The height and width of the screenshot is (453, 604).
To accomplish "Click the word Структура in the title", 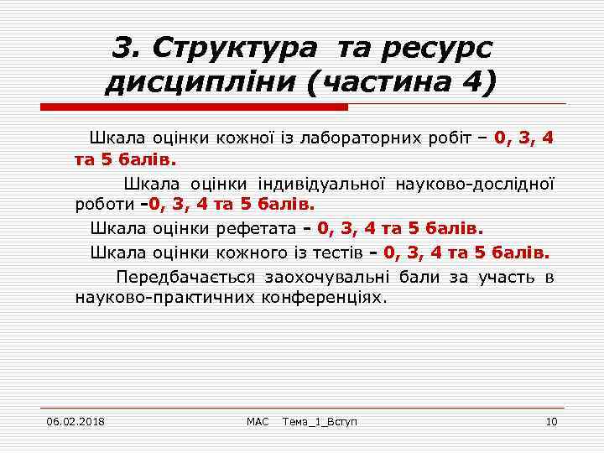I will pos(242,48).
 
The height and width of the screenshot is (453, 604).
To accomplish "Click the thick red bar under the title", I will pos(195,107).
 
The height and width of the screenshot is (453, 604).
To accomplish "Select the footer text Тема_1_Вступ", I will pos(320,420).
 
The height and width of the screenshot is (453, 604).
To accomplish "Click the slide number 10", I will pos(551,420).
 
